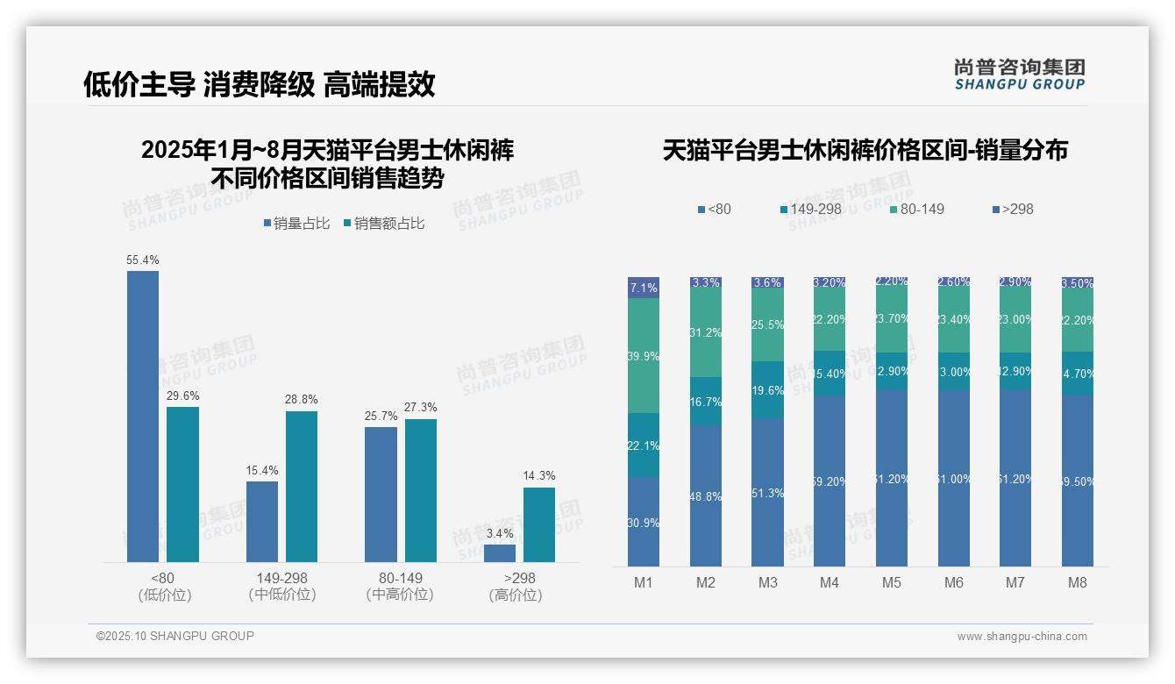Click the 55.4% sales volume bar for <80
point(143,417)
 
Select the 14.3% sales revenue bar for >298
point(539,524)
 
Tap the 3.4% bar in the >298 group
point(499,553)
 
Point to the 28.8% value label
point(301,399)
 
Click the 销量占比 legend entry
point(296,224)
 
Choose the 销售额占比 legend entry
point(384,224)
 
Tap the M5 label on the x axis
point(892,583)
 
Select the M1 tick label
point(643,583)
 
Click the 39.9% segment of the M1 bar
point(644,356)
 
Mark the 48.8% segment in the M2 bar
point(706,495)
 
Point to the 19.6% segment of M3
point(768,390)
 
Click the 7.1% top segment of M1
point(644,288)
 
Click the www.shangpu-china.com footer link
point(1022,637)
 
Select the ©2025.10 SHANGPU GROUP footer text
point(175,637)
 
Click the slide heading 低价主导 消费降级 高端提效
point(260,85)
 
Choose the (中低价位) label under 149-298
point(281,595)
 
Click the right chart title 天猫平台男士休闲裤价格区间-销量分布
point(865,150)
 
